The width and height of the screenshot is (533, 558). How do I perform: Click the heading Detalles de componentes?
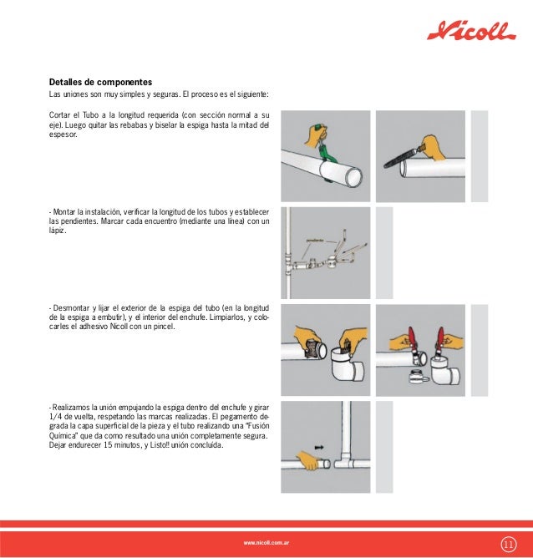click(x=100, y=83)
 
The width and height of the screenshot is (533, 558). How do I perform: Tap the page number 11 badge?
click(x=508, y=544)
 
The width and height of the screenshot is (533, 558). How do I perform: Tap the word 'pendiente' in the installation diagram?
click(x=315, y=239)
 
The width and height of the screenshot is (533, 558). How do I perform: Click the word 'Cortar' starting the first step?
click(x=60, y=114)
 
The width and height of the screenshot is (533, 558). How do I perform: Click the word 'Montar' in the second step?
click(x=66, y=212)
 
